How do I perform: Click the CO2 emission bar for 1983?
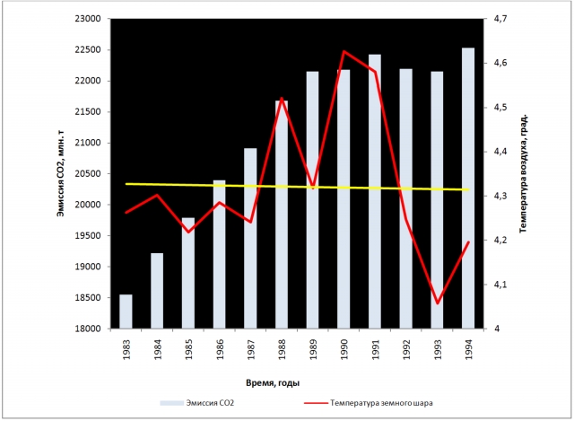click(126, 311)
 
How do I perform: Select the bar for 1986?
click(219, 255)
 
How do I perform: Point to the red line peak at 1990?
click(344, 52)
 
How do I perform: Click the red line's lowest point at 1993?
click(437, 303)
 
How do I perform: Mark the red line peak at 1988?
click(281, 99)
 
